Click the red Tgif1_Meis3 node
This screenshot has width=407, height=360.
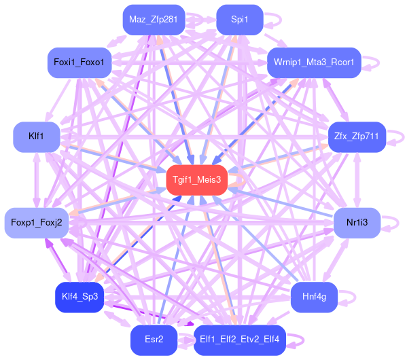pos(197,180)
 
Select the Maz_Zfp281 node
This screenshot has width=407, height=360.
pos(154,20)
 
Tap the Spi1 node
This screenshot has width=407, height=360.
pos(240,20)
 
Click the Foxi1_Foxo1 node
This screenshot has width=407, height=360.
pos(79,62)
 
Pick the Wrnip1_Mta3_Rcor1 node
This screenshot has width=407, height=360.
pos(314,62)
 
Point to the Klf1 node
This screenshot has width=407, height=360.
pos(36,137)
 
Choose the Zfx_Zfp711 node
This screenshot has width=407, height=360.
pos(357,137)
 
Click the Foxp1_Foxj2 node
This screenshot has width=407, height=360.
pos(37,223)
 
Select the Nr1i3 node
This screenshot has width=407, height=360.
pos(357,223)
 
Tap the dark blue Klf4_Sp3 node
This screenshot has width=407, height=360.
pos(79,297)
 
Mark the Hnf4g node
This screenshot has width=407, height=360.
pos(314,297)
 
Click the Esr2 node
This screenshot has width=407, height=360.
pos(154,340)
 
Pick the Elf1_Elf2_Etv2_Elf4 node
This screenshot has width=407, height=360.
pos(240,340)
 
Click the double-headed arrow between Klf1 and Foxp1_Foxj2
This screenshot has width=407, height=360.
pos(37,180)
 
